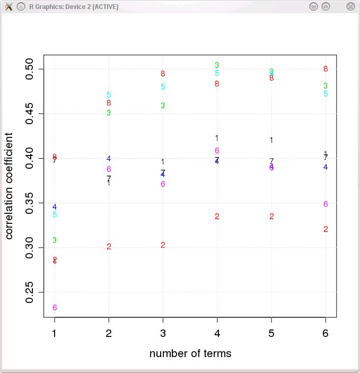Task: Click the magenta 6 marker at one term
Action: point(55,308)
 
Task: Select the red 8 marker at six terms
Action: point(326,69)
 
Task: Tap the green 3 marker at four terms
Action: point(217,65)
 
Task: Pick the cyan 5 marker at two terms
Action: point(109,95)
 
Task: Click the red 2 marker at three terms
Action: point(163,245)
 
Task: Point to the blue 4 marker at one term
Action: point(55,207)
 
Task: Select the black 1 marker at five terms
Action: point(271,140)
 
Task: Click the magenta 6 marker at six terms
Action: point(326,204)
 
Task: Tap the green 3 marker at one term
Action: point(55,240)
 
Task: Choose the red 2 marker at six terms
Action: point(326,229)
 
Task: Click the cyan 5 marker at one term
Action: point(55,215)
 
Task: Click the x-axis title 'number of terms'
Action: point(190,353)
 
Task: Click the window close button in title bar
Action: point(350,6)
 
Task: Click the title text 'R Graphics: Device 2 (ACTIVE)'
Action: point(74,6)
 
